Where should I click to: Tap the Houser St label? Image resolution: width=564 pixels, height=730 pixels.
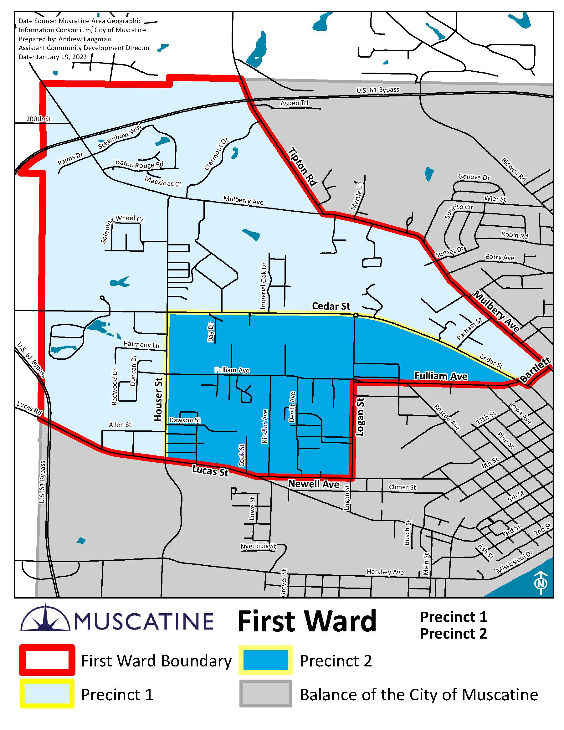[158, 399]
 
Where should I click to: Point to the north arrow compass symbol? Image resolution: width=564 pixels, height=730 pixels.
[540, 583]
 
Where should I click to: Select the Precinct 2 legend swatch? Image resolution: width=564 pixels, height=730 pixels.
[266, 660]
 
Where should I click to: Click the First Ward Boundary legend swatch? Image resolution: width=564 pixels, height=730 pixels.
[47, 660]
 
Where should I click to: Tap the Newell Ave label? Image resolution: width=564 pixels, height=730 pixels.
[313, 484]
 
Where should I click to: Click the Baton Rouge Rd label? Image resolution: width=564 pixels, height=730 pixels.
[139, 164]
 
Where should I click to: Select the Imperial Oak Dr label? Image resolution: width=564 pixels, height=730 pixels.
[264, 285]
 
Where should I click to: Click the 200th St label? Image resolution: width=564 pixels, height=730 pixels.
[39, 119]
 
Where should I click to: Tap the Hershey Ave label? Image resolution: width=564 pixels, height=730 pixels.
[385, 572]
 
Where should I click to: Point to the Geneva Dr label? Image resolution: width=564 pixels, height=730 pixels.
[474, 177]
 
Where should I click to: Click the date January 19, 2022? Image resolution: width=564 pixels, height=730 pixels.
[53, 57]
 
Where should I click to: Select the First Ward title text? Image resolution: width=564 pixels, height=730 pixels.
[307, 622]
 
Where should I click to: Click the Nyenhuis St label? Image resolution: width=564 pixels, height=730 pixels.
[258, 546]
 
